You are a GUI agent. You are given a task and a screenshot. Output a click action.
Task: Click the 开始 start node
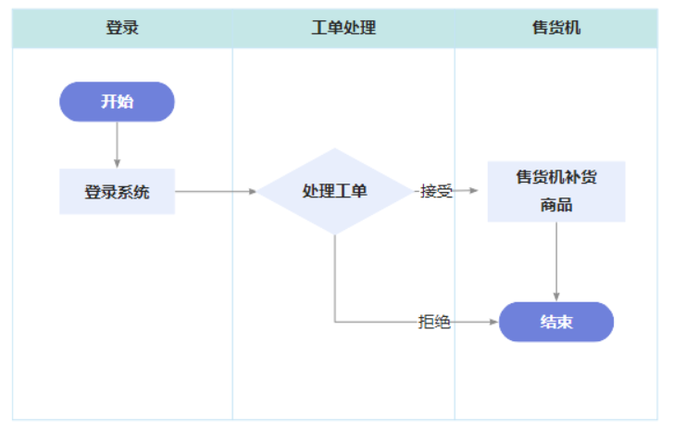pos(117,102)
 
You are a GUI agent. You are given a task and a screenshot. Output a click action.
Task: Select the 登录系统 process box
pos(117,192)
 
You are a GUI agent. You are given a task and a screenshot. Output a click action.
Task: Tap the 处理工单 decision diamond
pos(334,192)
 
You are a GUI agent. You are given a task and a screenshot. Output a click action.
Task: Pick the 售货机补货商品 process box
pos(556,192)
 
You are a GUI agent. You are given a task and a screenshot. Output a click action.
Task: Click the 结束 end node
pos(556,323)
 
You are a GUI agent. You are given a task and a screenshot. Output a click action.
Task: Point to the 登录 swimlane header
pos(122,27)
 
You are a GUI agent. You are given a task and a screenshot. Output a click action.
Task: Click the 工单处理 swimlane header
pos(343,27)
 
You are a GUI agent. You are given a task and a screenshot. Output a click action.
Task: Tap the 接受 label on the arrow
pos(435,192)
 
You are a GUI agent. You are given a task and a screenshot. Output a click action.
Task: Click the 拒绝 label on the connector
pos(434,323)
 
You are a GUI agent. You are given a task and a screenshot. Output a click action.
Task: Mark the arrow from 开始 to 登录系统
pos(117,145)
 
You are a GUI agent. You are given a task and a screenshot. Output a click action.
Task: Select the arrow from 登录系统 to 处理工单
pos(215,192)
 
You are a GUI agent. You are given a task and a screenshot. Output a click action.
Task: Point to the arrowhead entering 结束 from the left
pos(493,323)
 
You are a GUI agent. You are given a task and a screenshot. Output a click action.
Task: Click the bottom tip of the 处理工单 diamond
pos(334,234)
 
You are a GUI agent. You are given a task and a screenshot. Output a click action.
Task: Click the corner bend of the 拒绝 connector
pos(335,322)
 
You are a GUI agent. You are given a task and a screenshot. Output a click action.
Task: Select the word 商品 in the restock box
pos(556,206)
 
